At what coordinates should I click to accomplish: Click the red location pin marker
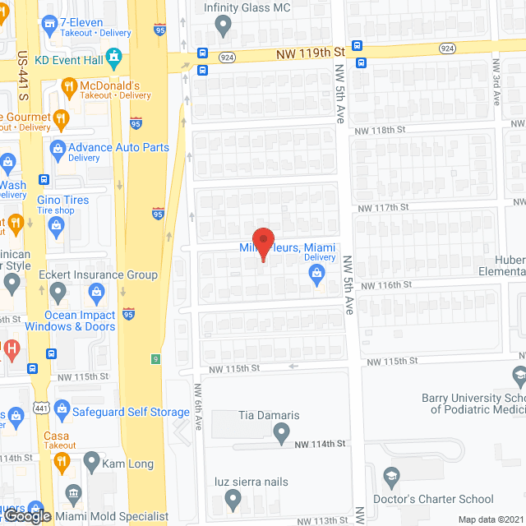point(262,243)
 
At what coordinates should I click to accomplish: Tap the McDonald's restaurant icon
point(69,86)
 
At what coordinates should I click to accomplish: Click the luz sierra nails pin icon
point(233,497)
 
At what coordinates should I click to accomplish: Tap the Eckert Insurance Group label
point(99,275)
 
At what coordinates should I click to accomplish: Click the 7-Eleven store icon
point(50,25)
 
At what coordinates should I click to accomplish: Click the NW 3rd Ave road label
point(496,80)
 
